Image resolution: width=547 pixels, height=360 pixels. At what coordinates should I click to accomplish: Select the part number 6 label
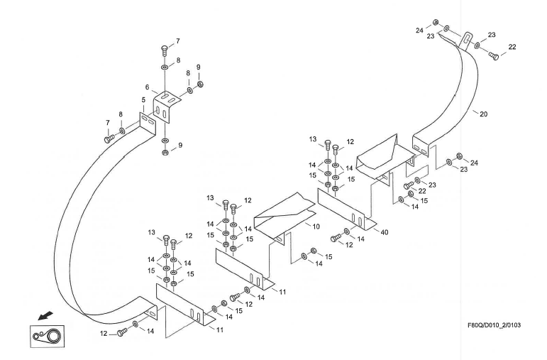coord(147,87)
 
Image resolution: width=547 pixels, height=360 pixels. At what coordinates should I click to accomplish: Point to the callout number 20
coord(484,114)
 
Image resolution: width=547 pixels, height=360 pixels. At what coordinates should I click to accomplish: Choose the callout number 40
coord(385,232)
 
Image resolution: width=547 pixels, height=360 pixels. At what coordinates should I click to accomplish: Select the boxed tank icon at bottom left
coord(44,334)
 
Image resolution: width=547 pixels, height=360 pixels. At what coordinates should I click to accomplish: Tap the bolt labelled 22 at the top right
coord(494,55)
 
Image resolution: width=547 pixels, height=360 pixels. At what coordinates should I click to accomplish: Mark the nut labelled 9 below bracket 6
coord(165,152)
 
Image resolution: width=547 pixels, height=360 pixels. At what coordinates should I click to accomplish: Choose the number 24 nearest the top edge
coord(419,31)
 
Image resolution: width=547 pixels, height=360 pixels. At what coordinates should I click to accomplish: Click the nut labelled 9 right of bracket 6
coord(200,84)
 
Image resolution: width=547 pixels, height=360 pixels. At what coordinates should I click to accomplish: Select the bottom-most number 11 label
coord(221,331)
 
